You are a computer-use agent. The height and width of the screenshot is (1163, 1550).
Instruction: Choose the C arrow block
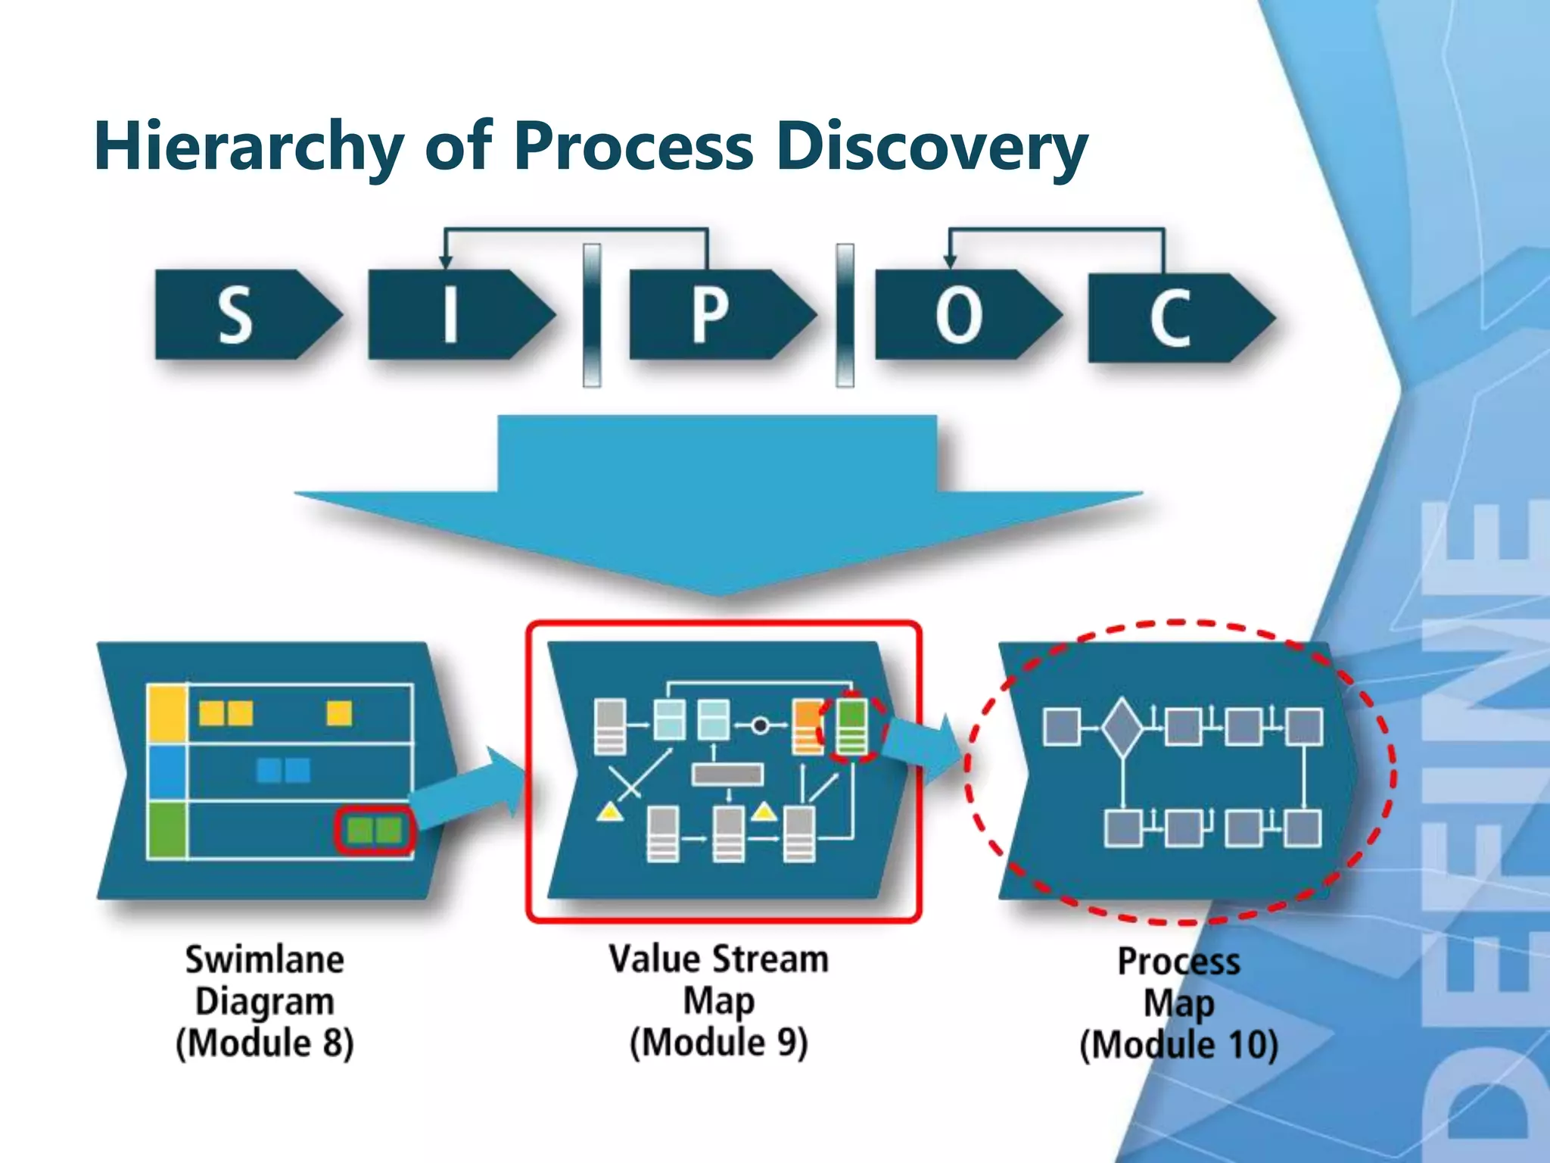[x=1172, y=316]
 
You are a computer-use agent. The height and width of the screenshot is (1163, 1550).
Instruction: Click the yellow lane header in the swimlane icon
[x=167, y=712]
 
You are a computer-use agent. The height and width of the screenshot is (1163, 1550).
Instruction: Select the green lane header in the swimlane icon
[x=167, y=830]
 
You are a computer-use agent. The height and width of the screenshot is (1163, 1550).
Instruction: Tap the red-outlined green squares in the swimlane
[x=375, y=831]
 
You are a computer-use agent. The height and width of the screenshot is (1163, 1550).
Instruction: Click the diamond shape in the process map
[x=1122, y=728]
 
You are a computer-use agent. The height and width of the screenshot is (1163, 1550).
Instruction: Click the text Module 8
[x=265, y=1043]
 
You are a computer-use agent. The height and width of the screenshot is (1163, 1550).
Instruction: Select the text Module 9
[x=718, y=1042]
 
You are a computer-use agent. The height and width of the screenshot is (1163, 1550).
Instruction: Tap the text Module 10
[x=1178, y=1045]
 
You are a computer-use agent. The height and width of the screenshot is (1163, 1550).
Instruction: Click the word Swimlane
[x=265, y=959]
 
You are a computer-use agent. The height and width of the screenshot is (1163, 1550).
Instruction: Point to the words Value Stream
[x=718, y=959]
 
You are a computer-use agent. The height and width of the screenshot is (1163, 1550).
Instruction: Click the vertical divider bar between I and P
[x=592, y=315]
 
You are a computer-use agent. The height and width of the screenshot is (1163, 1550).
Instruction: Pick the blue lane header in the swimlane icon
[x=167, y=771]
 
